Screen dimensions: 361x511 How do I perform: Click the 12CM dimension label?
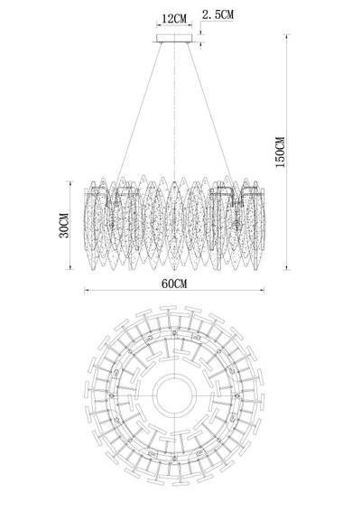174,19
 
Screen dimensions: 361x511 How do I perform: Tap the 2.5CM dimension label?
218,14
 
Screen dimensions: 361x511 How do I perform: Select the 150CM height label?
280,153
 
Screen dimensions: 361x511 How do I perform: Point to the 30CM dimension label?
64,226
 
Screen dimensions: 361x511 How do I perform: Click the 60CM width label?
174,283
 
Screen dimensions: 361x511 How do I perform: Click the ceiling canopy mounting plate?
174,39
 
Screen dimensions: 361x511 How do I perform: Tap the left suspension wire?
140,112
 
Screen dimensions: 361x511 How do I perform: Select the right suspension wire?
210,112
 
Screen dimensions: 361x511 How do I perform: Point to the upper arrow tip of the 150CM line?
286,35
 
